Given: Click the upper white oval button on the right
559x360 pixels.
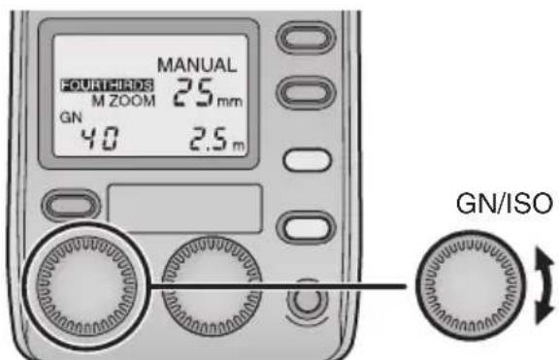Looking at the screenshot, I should pos(297,158).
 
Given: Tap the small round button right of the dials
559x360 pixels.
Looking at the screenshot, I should pos(299,300).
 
